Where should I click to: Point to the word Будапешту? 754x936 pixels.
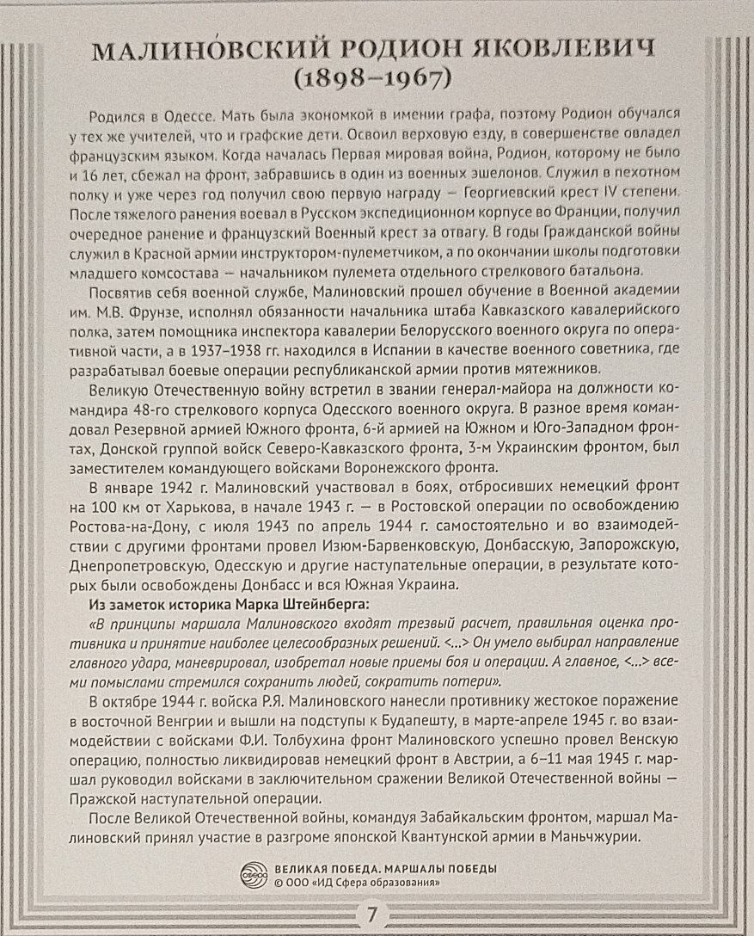coord(451,720)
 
